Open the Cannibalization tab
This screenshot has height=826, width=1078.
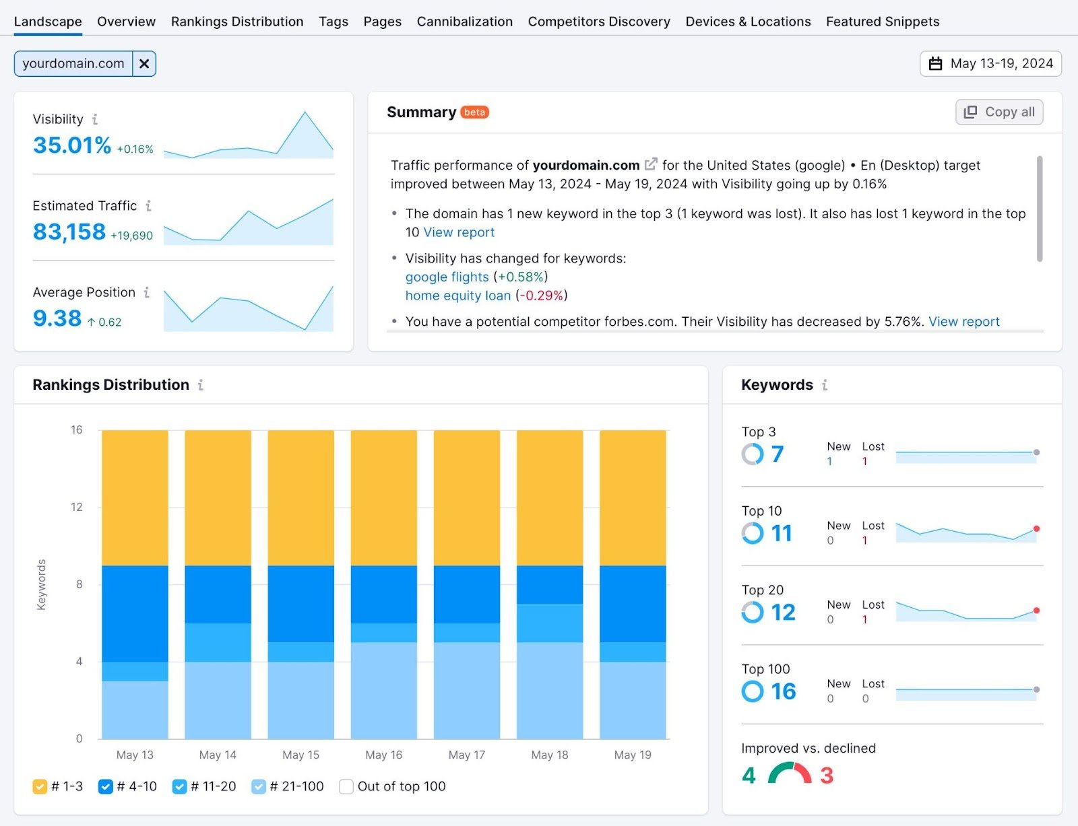[464, 22]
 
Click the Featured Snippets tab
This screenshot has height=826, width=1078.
[882, 22]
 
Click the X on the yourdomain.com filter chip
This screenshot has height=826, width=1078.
[144, 64]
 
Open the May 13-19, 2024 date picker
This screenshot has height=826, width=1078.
[990, 64]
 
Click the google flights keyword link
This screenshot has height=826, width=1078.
[447, 277]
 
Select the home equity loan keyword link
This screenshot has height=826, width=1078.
[457, 296]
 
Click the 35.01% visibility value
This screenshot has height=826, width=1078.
[72, 145]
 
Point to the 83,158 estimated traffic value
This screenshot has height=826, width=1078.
[69, 232]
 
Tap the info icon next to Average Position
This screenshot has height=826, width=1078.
[147, 292]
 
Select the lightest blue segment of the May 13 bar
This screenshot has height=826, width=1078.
[135, 710]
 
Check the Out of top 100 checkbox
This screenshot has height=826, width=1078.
[346, 786]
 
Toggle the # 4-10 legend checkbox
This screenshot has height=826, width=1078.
[105, 786]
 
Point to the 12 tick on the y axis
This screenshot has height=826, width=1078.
[77, 507]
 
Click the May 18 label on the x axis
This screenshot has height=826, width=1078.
[549, 755]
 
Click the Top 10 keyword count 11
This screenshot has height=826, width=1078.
[781, 534]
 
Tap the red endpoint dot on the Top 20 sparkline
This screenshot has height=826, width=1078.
[1036, 611]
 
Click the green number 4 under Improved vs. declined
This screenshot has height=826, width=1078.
[749, 776]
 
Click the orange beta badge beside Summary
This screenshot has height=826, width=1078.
[474, 112]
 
